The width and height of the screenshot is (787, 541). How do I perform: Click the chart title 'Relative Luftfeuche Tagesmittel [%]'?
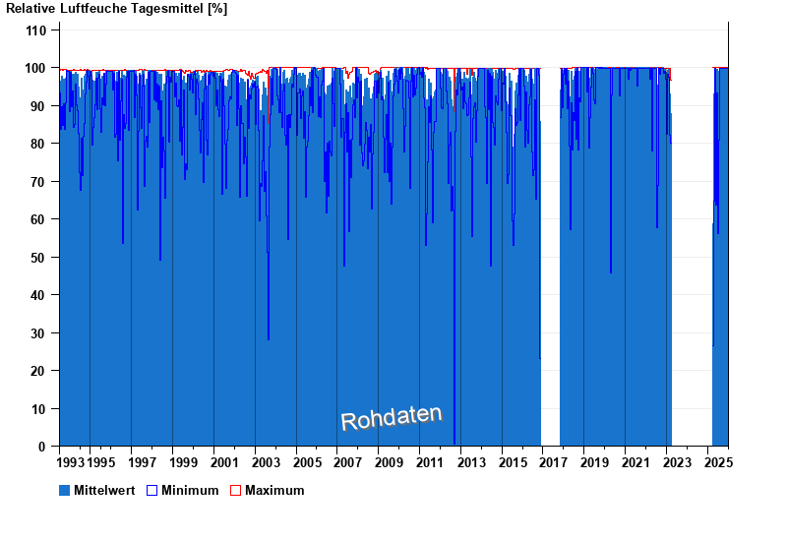(x=116, y=9)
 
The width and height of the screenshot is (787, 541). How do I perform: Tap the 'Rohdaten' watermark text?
(x=392, y=418)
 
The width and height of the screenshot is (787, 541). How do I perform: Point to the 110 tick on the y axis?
(x=36, y=30)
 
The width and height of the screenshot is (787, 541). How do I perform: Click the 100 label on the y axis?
(x=36, y=68)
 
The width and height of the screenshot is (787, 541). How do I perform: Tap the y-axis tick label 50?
(x=39, y=258)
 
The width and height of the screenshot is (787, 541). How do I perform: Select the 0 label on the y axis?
(x=43, y=447)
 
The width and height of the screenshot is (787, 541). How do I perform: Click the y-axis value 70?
(x=39, y=182)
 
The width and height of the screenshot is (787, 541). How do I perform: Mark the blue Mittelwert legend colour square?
(x=65, y=490)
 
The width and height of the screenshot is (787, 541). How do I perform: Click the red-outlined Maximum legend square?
(x=235, y=490)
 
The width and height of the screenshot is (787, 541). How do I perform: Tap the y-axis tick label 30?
(x=39, y=333)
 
